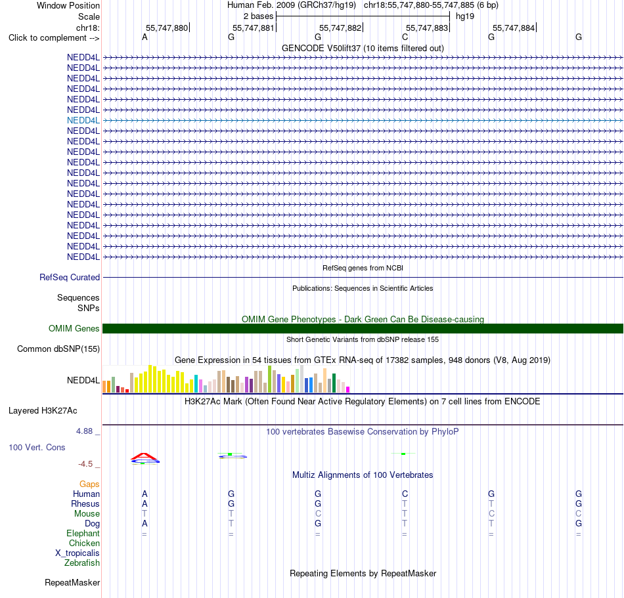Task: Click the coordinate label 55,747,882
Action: click(x=340, y=28)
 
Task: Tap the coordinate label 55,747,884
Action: click(x=514, y=28)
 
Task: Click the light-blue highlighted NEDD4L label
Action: click(x=83, y=121)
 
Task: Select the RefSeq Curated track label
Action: click(x=70, y=277)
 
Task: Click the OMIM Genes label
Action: click(x=74, y=328)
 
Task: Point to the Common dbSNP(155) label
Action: click(x=58, y=349)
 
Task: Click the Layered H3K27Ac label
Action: click(x=43, y=411)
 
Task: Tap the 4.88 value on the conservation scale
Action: click(x=84, y=431)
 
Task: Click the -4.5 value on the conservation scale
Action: click(x=85, y=464)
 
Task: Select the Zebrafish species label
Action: click(x=82, y=563)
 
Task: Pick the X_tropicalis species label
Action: click(x=78, y=553)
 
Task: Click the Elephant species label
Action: click(x=83, y=533)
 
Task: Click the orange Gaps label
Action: click(x=89, y=484)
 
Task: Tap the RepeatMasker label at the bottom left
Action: click(x=72, y=582)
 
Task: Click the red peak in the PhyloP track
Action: click(x=145, y=456)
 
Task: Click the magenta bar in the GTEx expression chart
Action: click(x=348, y=390)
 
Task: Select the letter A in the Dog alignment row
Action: click(x=145, y=523)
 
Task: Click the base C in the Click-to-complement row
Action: click(x=405, y=37)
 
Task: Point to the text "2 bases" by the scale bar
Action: click(x=259, y=16)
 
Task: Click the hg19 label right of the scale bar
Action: click(x=465, y=16)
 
